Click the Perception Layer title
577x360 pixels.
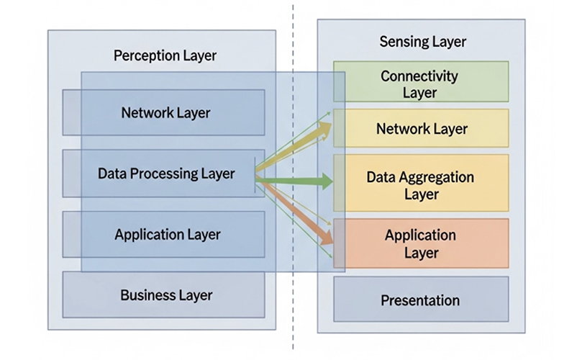click(x=165, y=55)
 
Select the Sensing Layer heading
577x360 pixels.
click(x=422, y=42)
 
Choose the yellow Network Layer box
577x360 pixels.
click(x=422, y=129)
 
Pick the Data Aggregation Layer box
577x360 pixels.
click(x=420, y=185)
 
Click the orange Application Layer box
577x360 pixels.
click(x=420, y=244)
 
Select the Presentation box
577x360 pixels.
click(x=420, y=300)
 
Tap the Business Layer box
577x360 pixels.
click(x=165, y=295)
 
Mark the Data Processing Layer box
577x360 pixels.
click(x=165, y=174)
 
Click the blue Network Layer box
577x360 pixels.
click(x=165, y=113)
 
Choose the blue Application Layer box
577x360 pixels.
click(x=167, y=235)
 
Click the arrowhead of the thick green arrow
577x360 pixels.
click(x=327, y=182)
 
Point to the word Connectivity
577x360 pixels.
click(x=419, y=75)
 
